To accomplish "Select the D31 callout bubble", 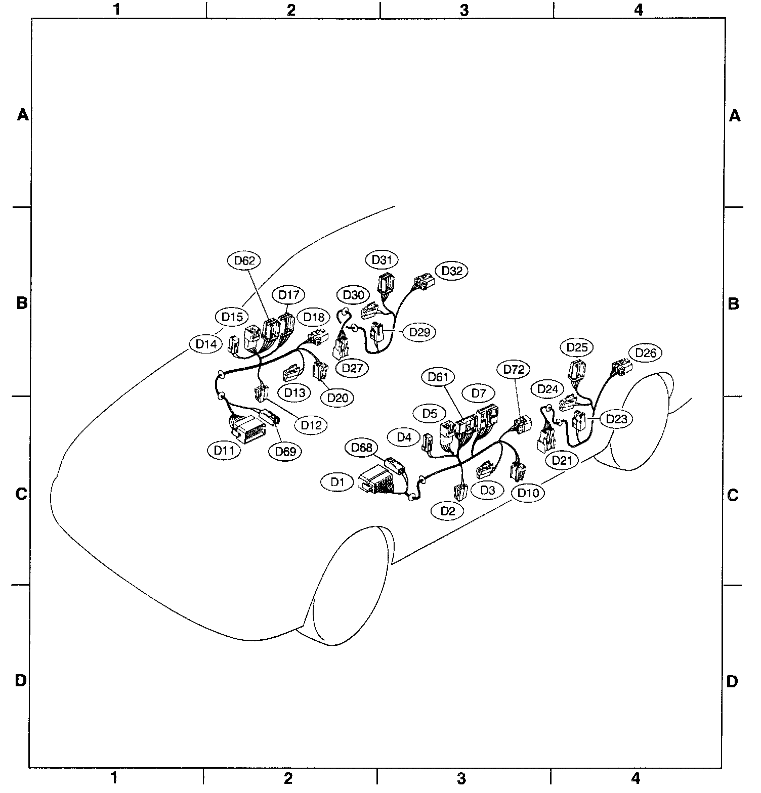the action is pyautogui.click(x=382, y=260).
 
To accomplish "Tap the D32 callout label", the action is pyautogui.click(x=452, y=271).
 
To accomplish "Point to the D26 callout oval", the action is pyautogui.click(x=646, y=353).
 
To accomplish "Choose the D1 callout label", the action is pyautogui.click(x=337, y=482).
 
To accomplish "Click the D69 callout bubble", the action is pyautogui.click(x=285, y=452).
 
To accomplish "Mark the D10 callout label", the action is pyautogui.click(x=528, y=493).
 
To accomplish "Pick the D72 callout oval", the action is pyautogui.click(x=514, y=369).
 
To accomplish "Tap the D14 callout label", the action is pyautogui.click(x=206, y=344).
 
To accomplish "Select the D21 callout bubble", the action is pyautogui.click(x=562, y=460).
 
